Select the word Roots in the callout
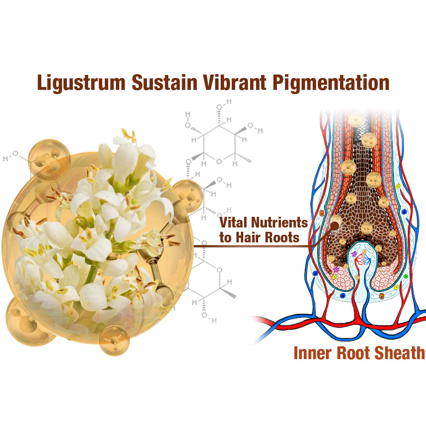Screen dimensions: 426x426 (x=285, y=237)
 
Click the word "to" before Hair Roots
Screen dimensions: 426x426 (x=225, y=238)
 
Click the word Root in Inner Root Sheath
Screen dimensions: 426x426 (x=353, y=353)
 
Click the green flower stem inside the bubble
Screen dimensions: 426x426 (x=92, y=273)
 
